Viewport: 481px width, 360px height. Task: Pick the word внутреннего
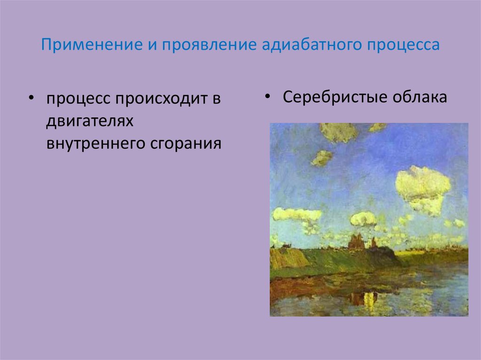click(x=95, y=143)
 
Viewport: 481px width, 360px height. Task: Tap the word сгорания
click(x=186, y=143)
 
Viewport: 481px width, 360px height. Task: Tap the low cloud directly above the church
click(x=364, y=219)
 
